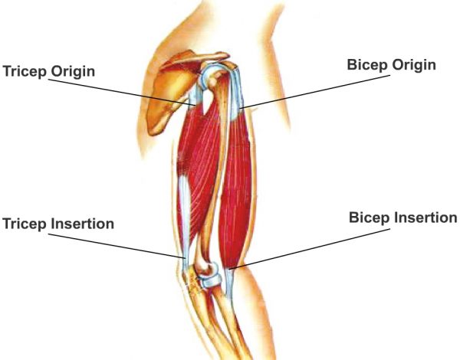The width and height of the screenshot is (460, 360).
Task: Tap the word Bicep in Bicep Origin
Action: [x=364, y=65]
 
